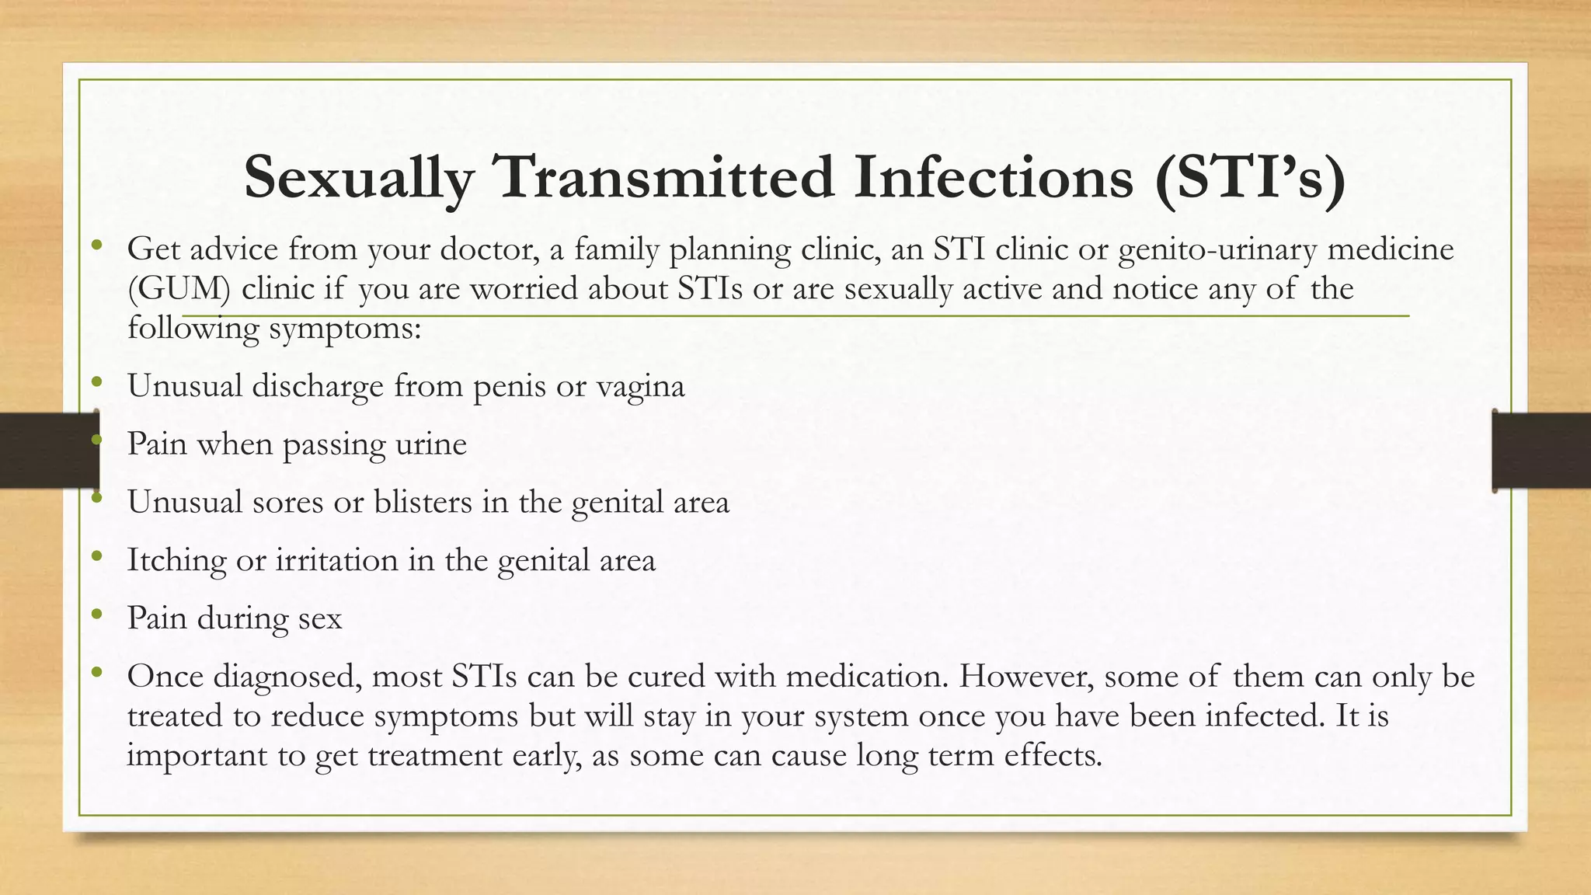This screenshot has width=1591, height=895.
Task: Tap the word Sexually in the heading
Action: click(358, 178)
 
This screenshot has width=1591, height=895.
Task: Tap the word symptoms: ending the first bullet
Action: click(344, 329)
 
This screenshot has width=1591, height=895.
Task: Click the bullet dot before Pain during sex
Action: click(96, 615)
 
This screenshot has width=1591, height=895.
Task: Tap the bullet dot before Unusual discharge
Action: click(96, 381)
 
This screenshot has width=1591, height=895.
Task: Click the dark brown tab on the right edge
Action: click(1541, 451)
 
